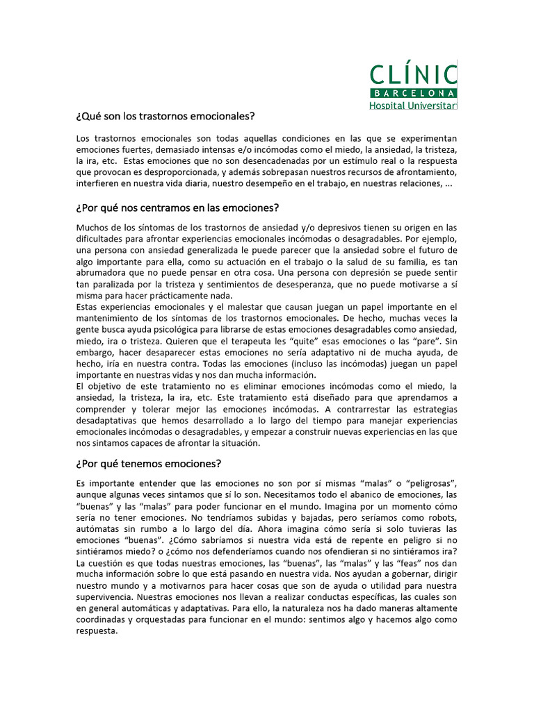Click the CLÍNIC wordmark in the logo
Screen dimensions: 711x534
(x=414, y=74)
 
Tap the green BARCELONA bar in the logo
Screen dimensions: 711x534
(x=414, y=93)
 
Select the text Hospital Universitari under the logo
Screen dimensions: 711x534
(x=414, y=106)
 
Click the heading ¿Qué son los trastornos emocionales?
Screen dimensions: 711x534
(x=165, y=116)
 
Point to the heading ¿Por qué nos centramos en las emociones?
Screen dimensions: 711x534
(x=177, y=208)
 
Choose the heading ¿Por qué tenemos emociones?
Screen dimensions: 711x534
(x=149, y=464)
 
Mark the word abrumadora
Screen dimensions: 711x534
(x=102, y=273)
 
